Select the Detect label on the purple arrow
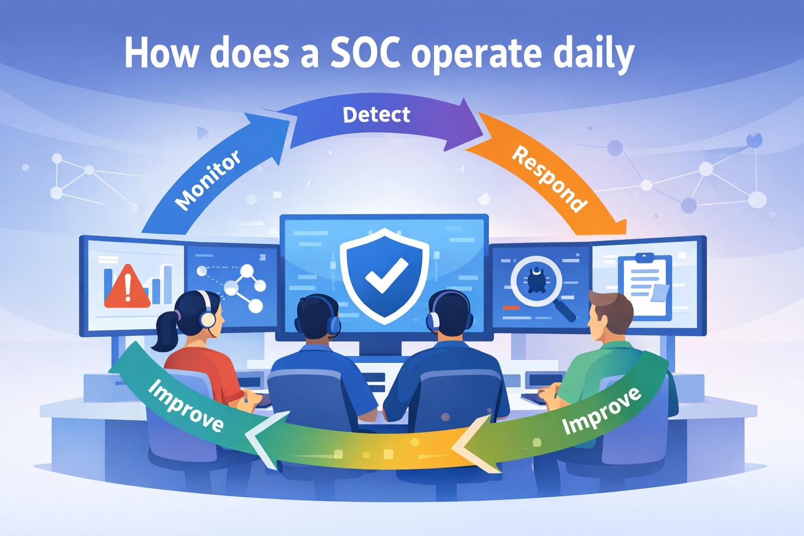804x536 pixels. (376, 115)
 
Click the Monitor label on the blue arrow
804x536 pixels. (208, 180)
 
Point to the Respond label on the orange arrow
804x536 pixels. (549, 179)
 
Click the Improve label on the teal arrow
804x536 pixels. (185, 405)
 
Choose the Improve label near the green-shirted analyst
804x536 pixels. (601, 411)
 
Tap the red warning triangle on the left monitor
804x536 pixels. (127, 287)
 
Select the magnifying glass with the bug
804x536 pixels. (537, 282)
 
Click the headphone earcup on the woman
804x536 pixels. (208, 319)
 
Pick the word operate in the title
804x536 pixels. (476, 54)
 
